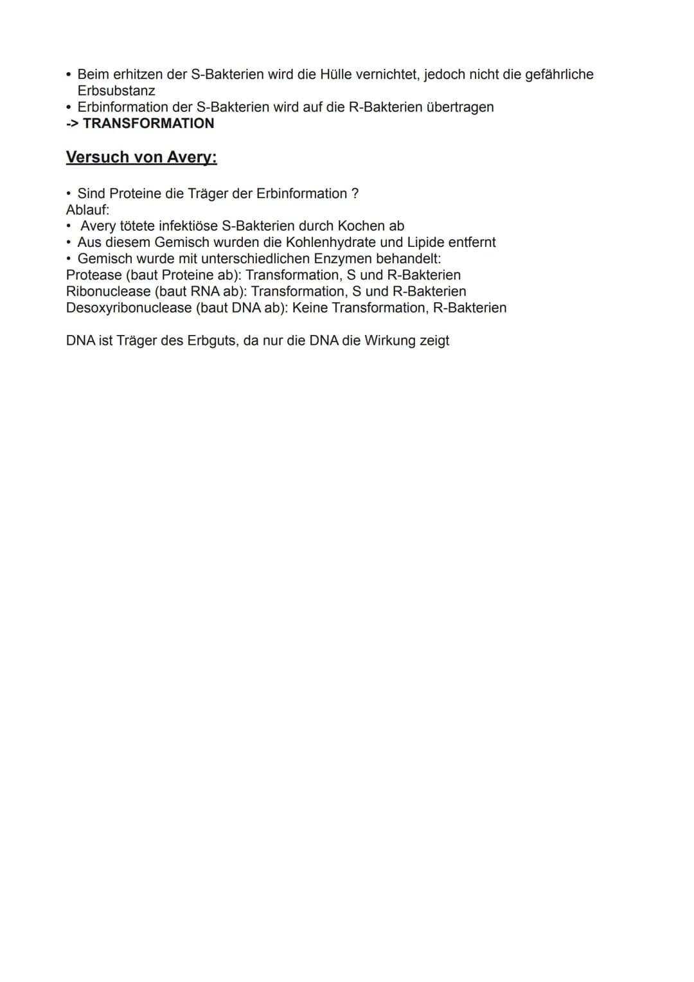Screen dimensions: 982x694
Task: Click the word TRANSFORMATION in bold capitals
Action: tap(148, 123)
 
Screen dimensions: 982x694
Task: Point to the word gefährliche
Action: tap(559, 75)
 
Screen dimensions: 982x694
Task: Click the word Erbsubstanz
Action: tap(116, 91)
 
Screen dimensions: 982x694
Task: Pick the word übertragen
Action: tap(460, 107)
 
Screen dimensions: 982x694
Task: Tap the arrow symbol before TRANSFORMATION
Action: tap(73, 123)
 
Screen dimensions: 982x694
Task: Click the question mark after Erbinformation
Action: tap(355, 194)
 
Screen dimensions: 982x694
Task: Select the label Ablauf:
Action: tap(88, 210)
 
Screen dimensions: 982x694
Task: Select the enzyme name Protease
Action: tap(94, 275)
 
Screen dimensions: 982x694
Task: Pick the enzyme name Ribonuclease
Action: tap(108, 291)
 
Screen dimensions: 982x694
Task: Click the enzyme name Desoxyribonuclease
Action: tap(129, 308)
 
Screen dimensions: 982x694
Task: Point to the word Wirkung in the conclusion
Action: tap(390, 341)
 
